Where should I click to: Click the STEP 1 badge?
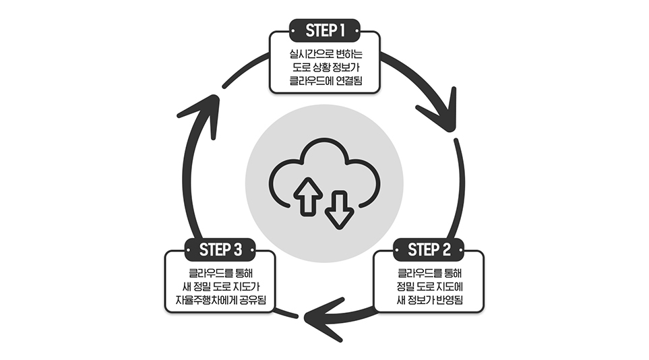(x=325, y=30)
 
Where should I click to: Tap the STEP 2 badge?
(x=429, y=250)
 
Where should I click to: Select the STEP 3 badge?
(x=220, y=250)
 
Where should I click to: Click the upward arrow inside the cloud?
(x=308, y=196)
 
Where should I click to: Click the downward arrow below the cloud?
(x=340, y=209)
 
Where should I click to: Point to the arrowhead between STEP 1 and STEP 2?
(x=441, y=111)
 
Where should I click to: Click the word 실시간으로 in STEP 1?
(x=305, y=54)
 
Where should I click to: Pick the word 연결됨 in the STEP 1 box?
(x=350, y=81)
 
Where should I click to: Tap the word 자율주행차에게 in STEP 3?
(x=199, y=300)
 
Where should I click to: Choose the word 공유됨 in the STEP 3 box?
(x=253, y=300)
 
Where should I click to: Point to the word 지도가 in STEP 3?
(x=247, y=287)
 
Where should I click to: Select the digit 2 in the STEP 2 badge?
(x=445, y=250)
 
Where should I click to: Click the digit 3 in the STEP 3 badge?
(x=237, y=250)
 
